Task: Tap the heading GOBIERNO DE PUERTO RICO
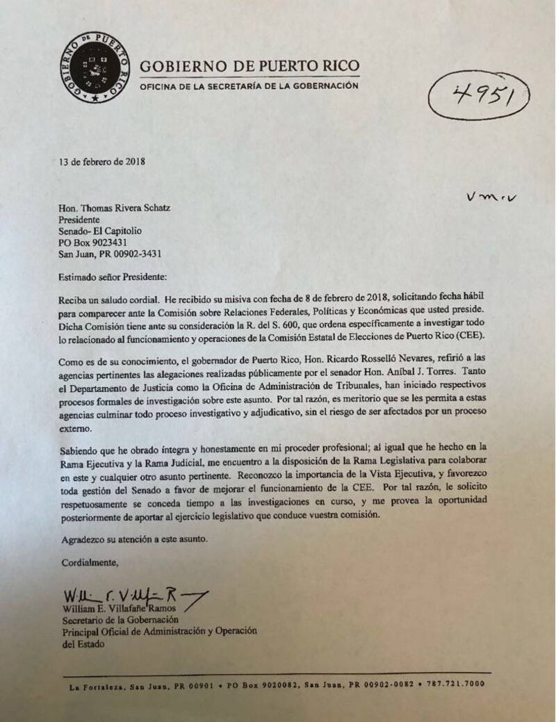[250, 67]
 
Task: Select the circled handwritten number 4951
[480, 97]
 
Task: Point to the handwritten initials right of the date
[493, 197]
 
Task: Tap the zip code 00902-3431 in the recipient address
[140, 254]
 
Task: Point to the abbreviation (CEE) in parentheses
[473, 335]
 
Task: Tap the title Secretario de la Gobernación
[120, 621]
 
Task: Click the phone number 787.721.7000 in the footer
[456, 684]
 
